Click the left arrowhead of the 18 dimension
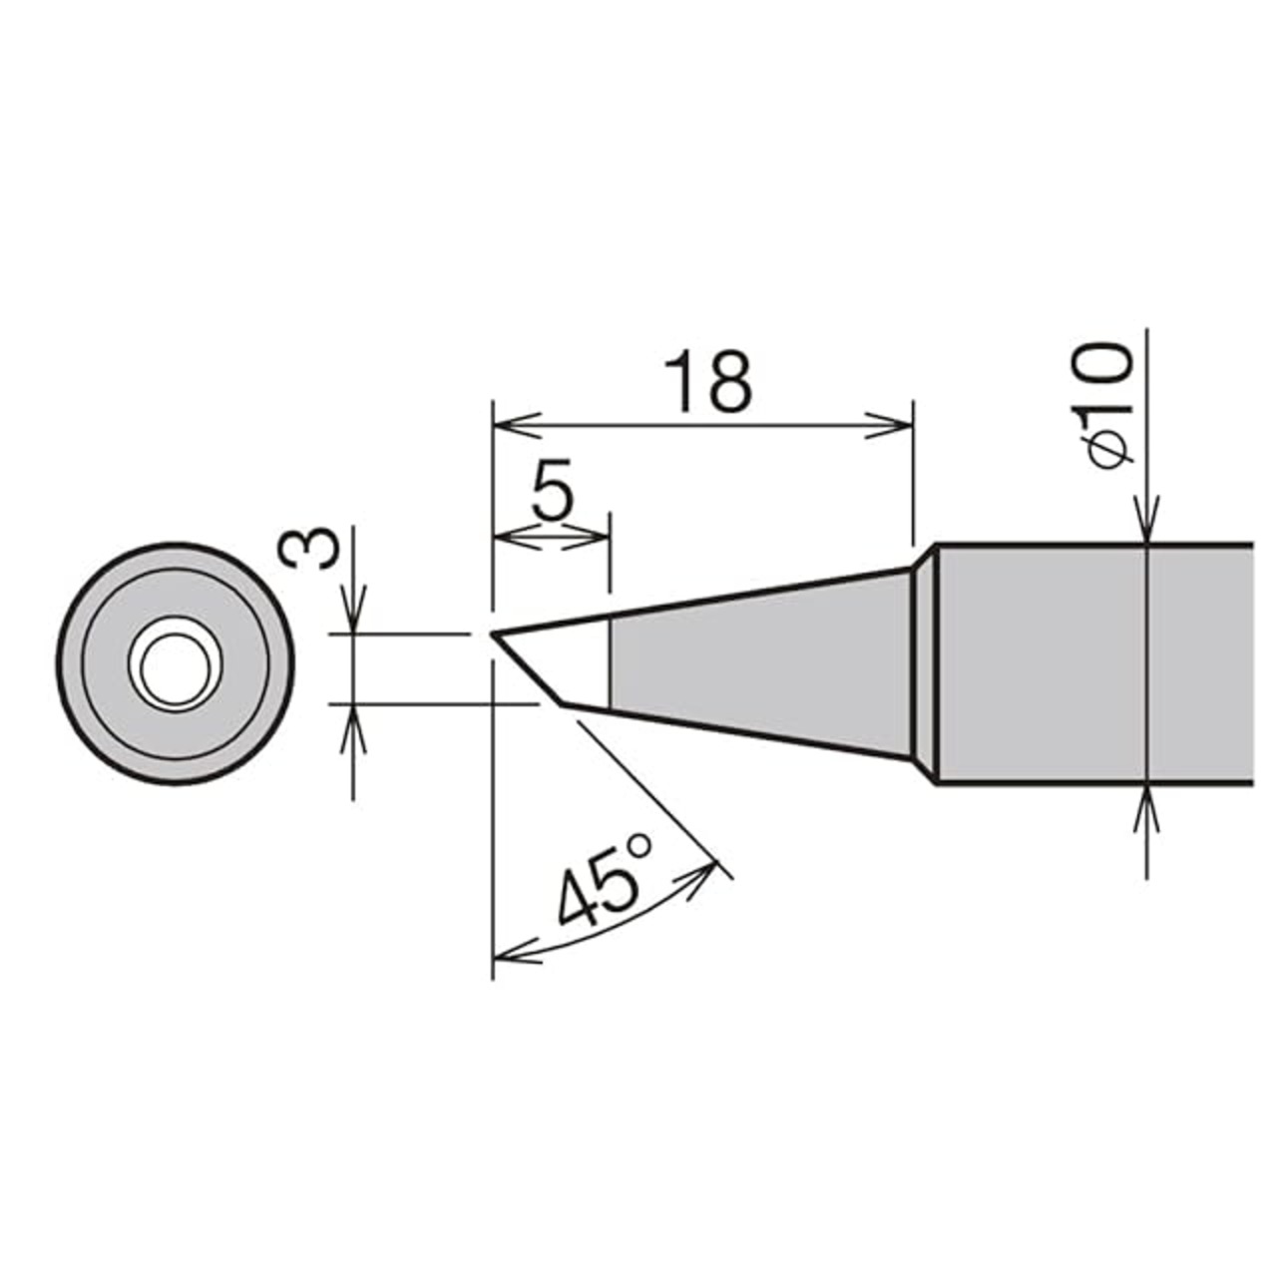(x=517, y=424)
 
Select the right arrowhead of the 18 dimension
(x=889, y=424)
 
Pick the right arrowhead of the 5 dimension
(x=586, y=536)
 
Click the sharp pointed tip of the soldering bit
(x=493, y=636)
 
